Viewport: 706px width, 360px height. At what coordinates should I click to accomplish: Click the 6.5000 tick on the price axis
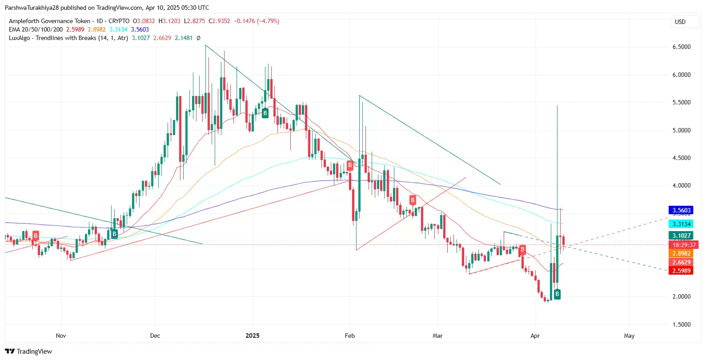click(x=681, y=47)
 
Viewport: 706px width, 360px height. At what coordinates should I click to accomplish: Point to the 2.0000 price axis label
click(x=681, y=296)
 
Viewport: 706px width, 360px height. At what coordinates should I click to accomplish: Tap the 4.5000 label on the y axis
click(x=681, y=158)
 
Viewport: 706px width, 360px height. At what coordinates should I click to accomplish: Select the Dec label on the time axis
click(x=155, y=336)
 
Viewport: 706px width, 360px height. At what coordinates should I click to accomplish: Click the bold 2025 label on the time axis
click(x=253, y=336)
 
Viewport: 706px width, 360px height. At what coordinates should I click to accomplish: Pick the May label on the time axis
click(x=629, y=336)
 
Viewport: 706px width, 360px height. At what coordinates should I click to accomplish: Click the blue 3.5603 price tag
click(x=681, y=210)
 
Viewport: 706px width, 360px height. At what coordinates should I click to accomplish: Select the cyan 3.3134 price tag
click(x=681, y=224)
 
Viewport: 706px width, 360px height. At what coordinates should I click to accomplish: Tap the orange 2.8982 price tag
click(x=681, y=253)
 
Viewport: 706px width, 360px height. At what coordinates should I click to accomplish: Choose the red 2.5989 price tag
click(x=681, y=271)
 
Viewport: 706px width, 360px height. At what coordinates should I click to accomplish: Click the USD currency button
click(x=680, y=22)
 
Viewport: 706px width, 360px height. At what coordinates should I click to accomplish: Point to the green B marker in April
click(x=557, y=294)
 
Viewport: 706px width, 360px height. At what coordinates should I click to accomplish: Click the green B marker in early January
click(x=265, y=113)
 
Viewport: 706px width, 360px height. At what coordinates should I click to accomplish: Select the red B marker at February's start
click(x=350, y=165)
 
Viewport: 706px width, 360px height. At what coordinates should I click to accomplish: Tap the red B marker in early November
click(x=36, y=236)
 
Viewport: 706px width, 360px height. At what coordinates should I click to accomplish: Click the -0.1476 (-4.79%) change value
click(x=257, y=21)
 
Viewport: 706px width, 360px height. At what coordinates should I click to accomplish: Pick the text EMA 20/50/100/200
click(x=36, y=29)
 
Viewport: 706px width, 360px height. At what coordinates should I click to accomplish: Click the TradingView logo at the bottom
click(x=28, y=351)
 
